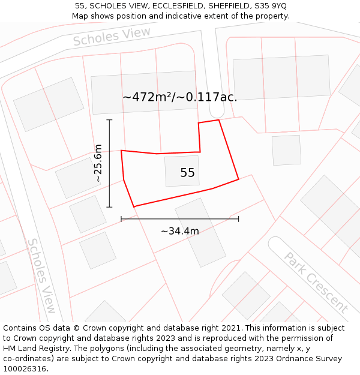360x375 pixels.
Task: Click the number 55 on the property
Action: click(187, 173)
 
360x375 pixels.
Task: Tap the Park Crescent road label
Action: click(316, 282)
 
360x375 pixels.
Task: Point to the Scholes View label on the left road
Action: click(42, 275)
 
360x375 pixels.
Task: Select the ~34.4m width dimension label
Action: click(180, 231)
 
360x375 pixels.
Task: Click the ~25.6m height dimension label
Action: click(98, 163)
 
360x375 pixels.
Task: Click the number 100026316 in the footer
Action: click(25, 368)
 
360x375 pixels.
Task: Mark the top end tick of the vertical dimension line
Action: click(109, 120)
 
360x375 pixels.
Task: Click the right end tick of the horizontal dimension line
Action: click(239, 219)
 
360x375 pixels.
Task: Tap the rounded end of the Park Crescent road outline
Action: click(276, 244)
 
